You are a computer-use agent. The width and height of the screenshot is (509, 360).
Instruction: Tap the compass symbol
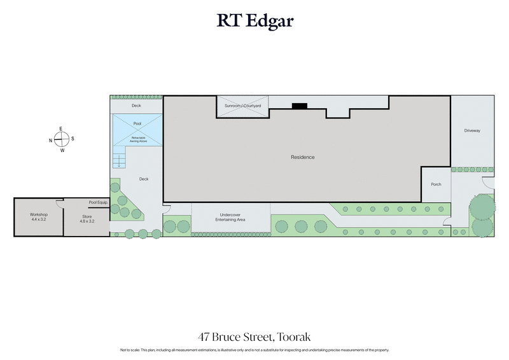click(x=62, y=140)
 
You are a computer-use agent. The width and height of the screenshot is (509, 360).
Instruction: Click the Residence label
click(x=303, y=157)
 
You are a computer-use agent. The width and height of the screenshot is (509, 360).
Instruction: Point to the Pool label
click(x=137, y=124)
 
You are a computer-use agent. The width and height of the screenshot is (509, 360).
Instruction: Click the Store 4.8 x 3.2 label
click(x=87, y=219)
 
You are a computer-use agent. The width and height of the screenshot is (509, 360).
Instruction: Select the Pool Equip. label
click(x=98, y=202)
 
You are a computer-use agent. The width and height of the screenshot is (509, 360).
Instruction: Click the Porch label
click(x=436, y=184)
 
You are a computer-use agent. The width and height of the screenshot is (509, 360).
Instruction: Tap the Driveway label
click(x=471, y=130)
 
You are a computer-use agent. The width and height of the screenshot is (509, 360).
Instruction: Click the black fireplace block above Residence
click(x=299, y=106)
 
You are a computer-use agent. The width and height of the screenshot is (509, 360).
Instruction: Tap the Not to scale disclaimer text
click(x=254, y=350)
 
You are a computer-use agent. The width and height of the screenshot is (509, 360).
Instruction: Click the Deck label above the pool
click(x=136, y=106)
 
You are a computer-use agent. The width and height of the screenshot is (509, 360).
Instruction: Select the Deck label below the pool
click(x=144, y=179)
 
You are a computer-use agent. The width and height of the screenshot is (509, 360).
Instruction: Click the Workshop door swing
click(x=59, y=204)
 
